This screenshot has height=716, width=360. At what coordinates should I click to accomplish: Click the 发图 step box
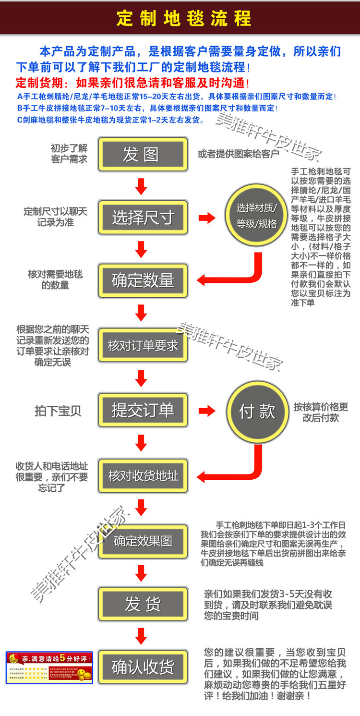click(143, 154)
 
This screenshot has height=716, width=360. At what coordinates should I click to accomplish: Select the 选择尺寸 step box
click(143, 218)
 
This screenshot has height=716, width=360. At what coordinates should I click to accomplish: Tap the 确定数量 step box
click(143, 280)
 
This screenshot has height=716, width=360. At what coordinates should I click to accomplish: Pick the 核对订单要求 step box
click(143, 345)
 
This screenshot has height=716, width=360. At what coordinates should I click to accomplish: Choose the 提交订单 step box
click(143, 410)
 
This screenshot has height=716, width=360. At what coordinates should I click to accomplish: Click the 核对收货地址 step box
click(143, 475)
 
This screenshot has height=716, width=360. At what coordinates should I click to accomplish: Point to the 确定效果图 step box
click(143, 541)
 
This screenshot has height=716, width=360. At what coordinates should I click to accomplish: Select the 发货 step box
click(143, 604)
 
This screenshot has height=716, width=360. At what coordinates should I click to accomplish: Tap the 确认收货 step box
click(143, 667)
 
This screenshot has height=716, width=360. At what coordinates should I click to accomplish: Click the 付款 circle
click(257, 412)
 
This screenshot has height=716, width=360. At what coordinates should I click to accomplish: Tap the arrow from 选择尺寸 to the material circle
click(207, 218)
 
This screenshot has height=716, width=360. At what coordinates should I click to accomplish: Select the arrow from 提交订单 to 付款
click(207, 411)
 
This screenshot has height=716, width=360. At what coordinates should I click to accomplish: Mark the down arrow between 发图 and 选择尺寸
click(141, 186)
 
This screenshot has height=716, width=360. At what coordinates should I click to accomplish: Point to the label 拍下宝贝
click(58, 411)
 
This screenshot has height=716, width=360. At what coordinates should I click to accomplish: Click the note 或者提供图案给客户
click(239, 154)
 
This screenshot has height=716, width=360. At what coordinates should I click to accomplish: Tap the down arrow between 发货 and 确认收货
click(141, 635)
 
